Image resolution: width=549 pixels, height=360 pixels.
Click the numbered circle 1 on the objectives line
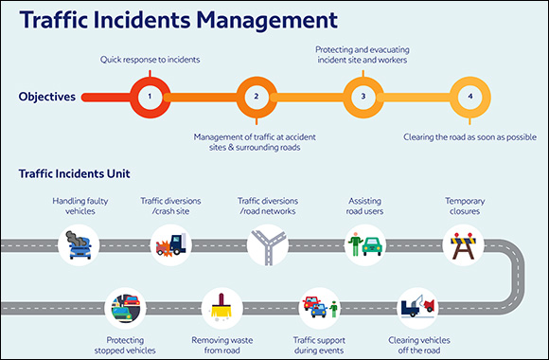point(149,97)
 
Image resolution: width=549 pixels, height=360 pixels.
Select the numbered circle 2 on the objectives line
point(256,97)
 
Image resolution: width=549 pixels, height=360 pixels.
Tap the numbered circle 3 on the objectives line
point(363,97)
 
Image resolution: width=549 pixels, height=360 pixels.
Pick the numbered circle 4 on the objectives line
point(469,97)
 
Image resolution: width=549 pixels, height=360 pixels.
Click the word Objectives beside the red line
point(47,97)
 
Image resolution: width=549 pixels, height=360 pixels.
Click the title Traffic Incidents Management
point(177,20)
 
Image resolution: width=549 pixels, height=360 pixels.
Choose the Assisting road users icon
point(363,245)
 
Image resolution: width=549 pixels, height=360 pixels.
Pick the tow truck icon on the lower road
point(416,308)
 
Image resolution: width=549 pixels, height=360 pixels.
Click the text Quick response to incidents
point(149,60)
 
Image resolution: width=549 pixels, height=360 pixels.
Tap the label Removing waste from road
point(223,343)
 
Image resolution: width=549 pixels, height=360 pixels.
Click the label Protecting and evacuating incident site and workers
point(363,53)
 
